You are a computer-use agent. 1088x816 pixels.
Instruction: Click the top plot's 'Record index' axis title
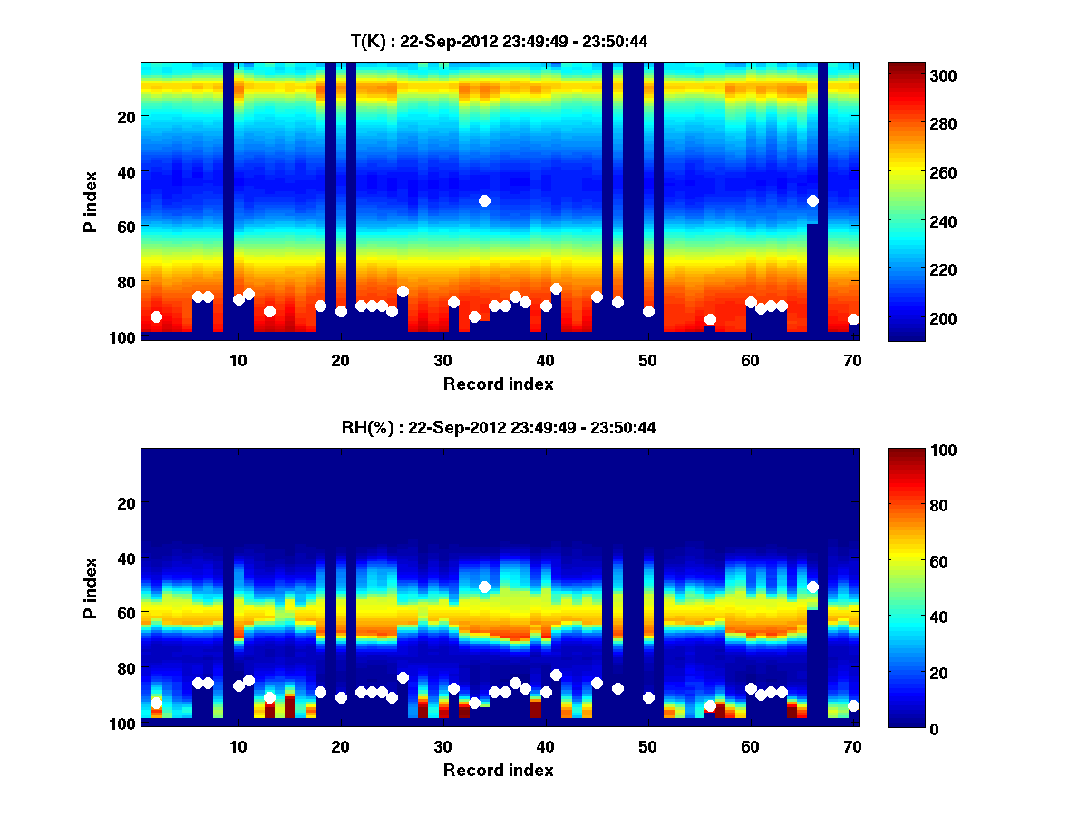(498, 384)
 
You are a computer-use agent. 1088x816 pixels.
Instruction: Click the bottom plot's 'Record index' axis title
(498, 770)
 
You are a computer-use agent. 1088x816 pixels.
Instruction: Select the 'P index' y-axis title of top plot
(90, 201)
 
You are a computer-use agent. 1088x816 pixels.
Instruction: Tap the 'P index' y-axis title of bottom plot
(90, 588)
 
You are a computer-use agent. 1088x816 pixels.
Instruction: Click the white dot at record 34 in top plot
(484, 200)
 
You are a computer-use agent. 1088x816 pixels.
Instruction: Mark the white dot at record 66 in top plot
(812, 200)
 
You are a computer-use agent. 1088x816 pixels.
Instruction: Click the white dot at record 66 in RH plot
(812, 587)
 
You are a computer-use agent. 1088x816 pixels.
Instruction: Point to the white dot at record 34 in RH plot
(484, 587)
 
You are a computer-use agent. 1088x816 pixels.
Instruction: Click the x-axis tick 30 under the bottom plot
(442, 746)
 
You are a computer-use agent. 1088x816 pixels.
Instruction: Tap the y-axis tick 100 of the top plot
(123, 337)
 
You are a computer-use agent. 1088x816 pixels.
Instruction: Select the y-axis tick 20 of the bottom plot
(127, 503)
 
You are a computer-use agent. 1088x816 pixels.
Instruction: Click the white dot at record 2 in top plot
(156, 316)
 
